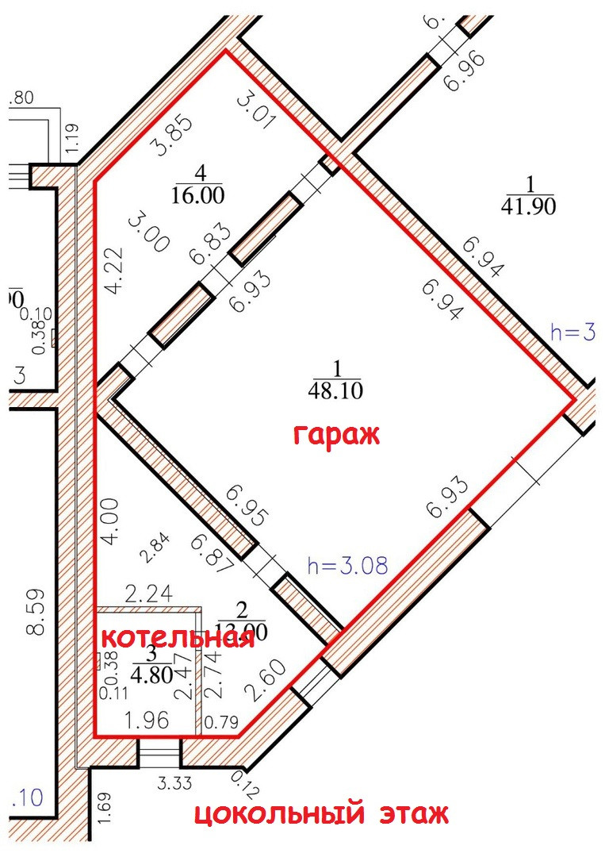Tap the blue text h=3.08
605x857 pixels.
[347, 566]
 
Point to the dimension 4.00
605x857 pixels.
[111, 521]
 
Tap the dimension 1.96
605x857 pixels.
[146, 721]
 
